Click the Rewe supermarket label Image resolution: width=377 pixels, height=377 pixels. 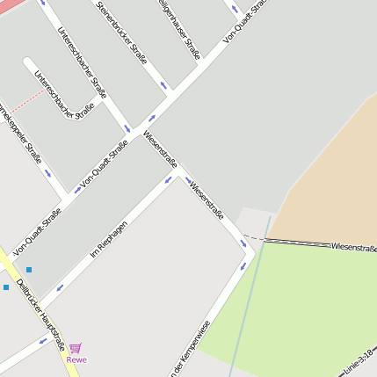point(76,359)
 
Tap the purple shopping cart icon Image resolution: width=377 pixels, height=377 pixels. point(76,348)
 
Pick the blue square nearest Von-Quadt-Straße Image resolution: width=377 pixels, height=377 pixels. point(29,269)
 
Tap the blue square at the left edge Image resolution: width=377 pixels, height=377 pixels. point(6,286)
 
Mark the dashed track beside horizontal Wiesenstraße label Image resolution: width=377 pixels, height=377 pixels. point(290,241)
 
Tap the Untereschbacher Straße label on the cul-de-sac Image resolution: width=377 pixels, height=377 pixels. point(64,96)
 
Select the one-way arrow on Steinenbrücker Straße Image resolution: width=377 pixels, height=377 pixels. point(163,85)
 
